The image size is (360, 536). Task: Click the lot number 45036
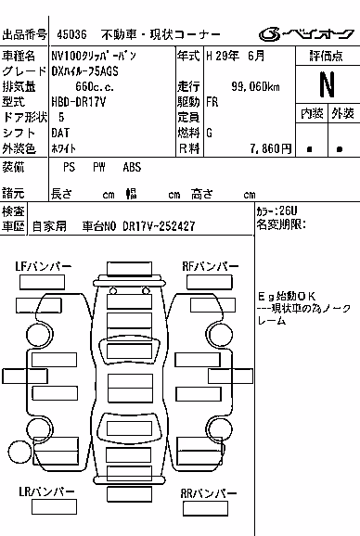click(71, 34)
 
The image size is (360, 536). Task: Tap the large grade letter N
click(328, 84)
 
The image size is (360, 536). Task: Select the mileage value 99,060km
click(255, 86)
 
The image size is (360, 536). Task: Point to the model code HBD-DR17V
click(79, 102)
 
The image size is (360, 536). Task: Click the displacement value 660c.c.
click(95, 86)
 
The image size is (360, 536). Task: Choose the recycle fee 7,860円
click(271, 148)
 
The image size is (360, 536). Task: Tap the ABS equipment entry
click(132, 167)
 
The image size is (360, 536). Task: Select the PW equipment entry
click(99, 167)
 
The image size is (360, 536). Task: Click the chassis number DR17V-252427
click(159, 226)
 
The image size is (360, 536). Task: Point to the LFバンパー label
click(44, 266)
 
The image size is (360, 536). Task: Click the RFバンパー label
click(211, 266)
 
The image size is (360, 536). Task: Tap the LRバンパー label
click(46, 491)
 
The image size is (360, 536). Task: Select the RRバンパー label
click(209, 493)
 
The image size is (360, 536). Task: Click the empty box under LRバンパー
click(54, 507)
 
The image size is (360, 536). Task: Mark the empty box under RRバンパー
click(205, 509)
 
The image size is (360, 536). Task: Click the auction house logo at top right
click(306, 34)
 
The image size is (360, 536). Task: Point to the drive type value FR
click(212, 102)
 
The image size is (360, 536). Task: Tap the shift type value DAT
click(60, 133)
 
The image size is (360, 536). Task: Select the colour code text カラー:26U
click(276, 211)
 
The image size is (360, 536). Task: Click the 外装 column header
click(342, 113)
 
